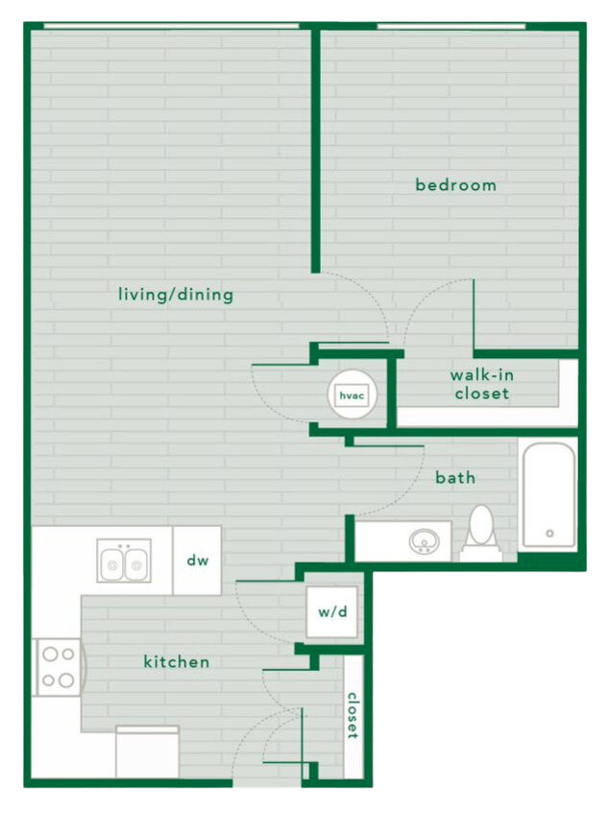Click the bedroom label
pyautogui.click(x=455, y=184)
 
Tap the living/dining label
pyautogui.click(x=176, y=295)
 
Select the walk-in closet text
pyautogui.click(x=481, y=384)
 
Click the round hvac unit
pyautogui.click(x=352, y=394)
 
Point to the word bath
pyautogui.click(x=455, y=477)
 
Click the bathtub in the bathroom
pyautogui.click(x=548, y=494)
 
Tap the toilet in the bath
pyautogui.click(x=480, y=534)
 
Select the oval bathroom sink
pyautogui.click(x=423, y=542)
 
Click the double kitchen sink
pyautogui.click(x=124, y=561)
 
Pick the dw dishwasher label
pyautogui.click(x=197, y=561)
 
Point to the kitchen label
pyautogui.click(x=177, y=662)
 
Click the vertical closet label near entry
pyautogui.click(x=353, y=715)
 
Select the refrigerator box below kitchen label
pyautogui.click(x=147, y=752)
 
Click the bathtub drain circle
pyautogui.click(x=549, y=533)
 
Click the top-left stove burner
pyautogui.click(x=48, y=655)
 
